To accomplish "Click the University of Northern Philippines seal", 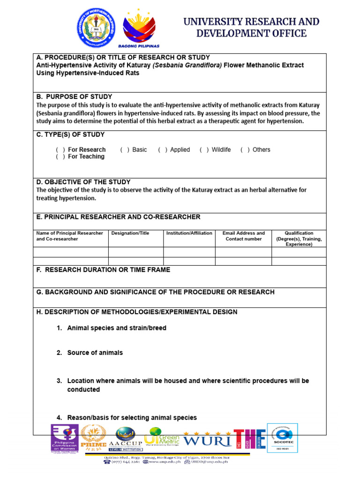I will (x=97, y=28).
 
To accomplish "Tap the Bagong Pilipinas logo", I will (x=141, y=29).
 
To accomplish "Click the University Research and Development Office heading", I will (x=251, y=28).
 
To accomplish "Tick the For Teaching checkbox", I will (x=60, y=157).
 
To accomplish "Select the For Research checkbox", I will (x=60, y=150).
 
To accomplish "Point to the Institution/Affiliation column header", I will (x=189, y=233).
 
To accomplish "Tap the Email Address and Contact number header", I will (x=243, y=236).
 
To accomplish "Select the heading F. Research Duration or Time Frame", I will (x=103, y=270).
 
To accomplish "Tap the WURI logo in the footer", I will (x=207, y=440).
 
